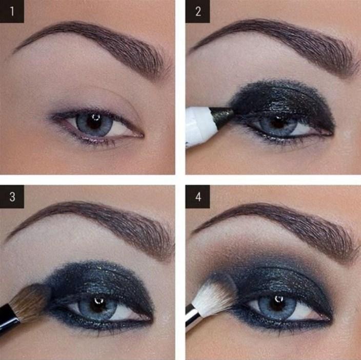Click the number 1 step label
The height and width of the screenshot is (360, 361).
[12, 11]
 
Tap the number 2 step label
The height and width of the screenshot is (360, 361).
[198, 11]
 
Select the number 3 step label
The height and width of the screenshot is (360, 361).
[12, 197]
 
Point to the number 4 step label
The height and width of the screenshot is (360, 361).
[198, 197]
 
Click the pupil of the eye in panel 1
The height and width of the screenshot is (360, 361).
[94, 122]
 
